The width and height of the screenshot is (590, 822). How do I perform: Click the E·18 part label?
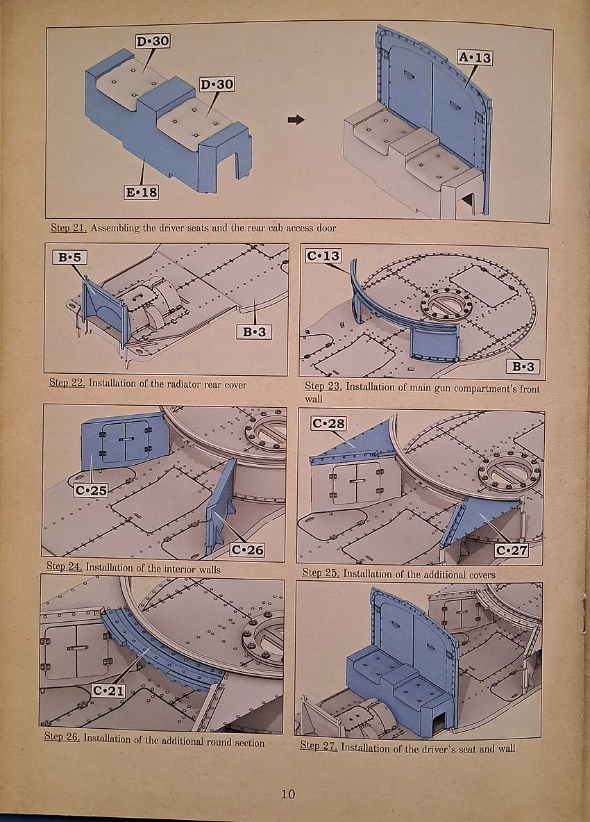(142, 192)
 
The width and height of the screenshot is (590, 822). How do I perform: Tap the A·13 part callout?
(475, 57)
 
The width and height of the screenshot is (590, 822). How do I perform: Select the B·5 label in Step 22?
(69, 257)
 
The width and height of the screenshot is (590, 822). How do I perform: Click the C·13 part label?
(323, 256)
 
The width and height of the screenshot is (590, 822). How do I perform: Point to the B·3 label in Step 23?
(523, 366)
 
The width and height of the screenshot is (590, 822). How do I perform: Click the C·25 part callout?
(91, 490)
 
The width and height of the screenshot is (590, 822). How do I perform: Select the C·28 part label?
(329, 423)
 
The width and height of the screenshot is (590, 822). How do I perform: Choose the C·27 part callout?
(512, 550)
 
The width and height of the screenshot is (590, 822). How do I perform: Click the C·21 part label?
(108, 691)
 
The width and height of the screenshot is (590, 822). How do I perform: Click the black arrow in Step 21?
(296, 120)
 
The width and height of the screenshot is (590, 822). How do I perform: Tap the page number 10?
(288, 794)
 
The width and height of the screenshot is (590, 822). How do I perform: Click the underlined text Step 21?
(69, 228)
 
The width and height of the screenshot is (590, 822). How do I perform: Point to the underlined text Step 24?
(64, 567)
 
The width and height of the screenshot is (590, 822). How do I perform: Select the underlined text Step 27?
(319, 746)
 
